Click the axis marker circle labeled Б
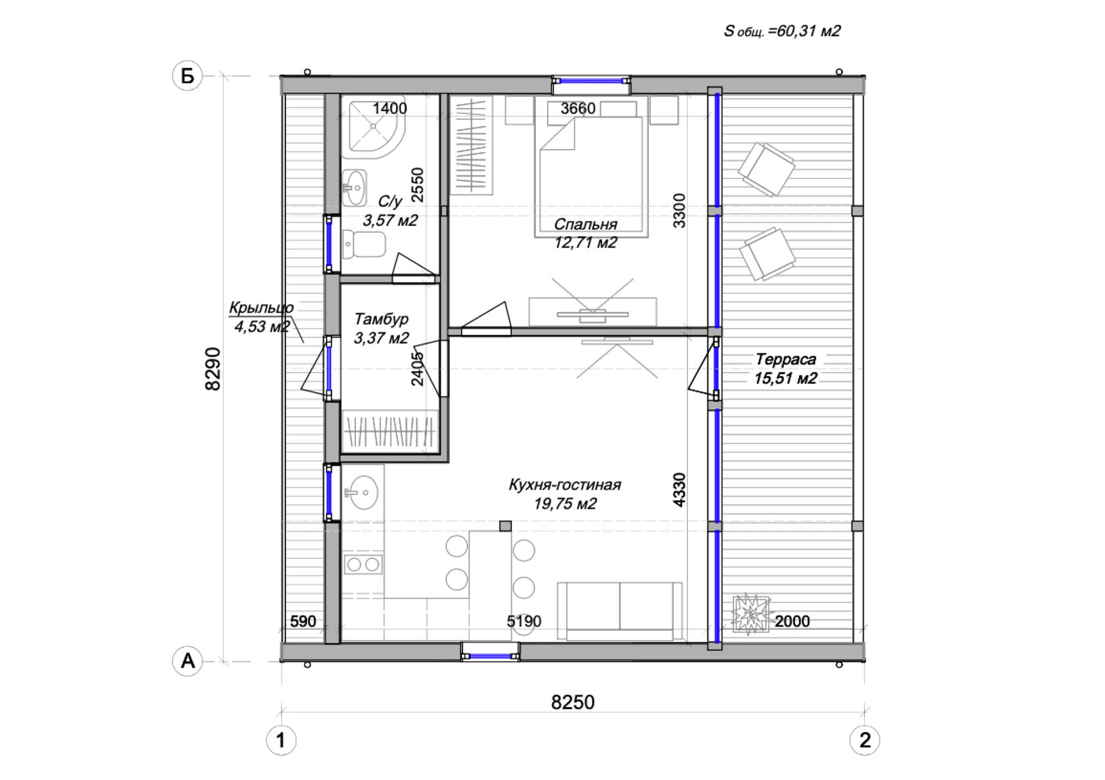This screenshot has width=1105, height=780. tap(187, 76)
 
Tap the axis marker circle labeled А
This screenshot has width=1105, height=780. tap(187, 661)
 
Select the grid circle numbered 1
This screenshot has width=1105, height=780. tap(282, 741)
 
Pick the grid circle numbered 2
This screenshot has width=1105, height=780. tap(865, 741)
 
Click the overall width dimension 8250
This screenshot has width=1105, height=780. tap(573, 702)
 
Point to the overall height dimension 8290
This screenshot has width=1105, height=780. tap(212, 369)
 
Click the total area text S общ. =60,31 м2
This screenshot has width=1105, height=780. tap(782, 31)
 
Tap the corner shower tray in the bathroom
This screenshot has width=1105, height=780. tap(374, 127)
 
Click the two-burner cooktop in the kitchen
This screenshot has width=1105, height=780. tap(362, 564)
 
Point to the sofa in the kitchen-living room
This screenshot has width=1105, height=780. tap(620, 611)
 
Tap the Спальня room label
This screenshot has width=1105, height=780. tap(585, 224)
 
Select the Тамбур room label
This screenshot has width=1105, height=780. tap(381, 319)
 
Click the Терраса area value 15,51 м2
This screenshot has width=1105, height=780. tap(785, 378)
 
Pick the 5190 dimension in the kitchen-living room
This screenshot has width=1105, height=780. tap(524, 621)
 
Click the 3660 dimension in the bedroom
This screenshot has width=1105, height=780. tap(578, 108)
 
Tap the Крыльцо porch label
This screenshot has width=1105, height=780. tap(261, 307)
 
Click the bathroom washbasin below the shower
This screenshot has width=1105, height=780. tap(355, 188)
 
